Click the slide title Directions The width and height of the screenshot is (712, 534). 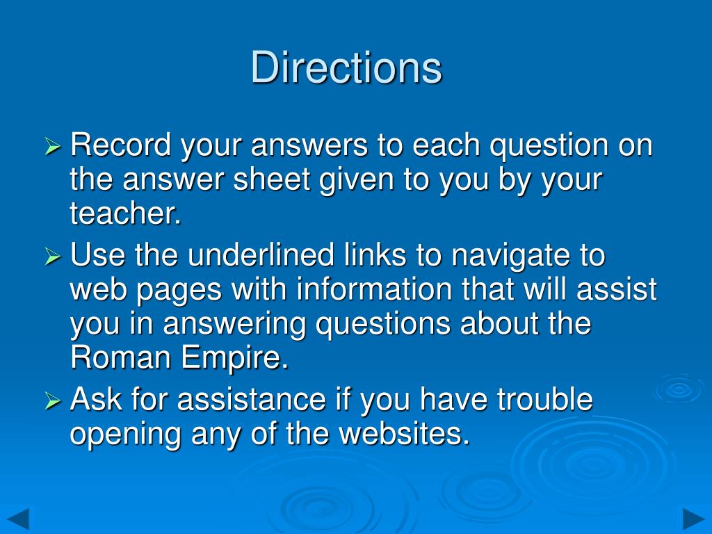[346, 68]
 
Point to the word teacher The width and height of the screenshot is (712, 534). [125, 214]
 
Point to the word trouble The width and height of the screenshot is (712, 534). [544, 400]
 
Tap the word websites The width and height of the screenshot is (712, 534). [403, 434]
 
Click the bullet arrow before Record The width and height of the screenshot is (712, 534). [54, 147]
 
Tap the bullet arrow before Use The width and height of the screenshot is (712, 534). [54, 257]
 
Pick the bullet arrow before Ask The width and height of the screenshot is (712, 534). [54, 401]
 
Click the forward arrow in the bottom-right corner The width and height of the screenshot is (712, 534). [693, 519]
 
